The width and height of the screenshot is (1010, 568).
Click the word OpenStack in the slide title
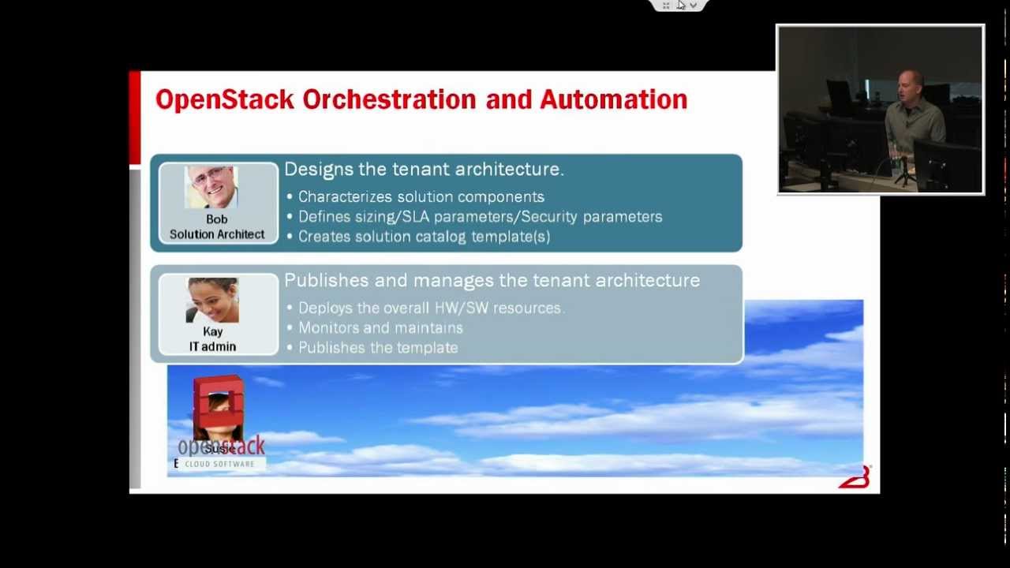click(x=225, y=100)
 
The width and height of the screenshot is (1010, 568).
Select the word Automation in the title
click(x=613, y=100)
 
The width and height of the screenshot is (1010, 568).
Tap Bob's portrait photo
click(x=211, y=187)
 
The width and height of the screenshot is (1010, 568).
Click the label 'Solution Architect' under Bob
click(x=217, y=234)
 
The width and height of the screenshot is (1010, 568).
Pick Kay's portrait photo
click(x=212, y=300)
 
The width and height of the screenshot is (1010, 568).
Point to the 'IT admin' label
click(x=212, y=346)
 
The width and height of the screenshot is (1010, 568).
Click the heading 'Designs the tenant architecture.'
click(x=424, y=170)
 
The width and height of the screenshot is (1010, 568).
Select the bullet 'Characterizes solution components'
click(x=421, y=197)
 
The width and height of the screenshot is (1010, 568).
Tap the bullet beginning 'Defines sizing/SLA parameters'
click(x=480, y=217)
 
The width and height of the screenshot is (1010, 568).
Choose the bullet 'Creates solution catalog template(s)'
click(x=424, y=237)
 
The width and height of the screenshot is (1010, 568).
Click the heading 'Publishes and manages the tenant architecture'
click(x=492, y=281)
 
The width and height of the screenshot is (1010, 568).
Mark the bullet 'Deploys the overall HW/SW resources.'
click(x=431, y=308)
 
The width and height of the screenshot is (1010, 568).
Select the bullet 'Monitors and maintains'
click(x=380, y=328)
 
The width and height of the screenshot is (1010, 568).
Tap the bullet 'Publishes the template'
click(x=378, y=348)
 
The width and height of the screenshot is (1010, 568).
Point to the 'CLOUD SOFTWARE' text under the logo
click(x=219, y=464)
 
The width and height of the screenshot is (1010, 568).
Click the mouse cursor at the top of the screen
click(x=680, y=5)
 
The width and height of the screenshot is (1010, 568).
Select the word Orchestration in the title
click(x=389, y=100)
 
